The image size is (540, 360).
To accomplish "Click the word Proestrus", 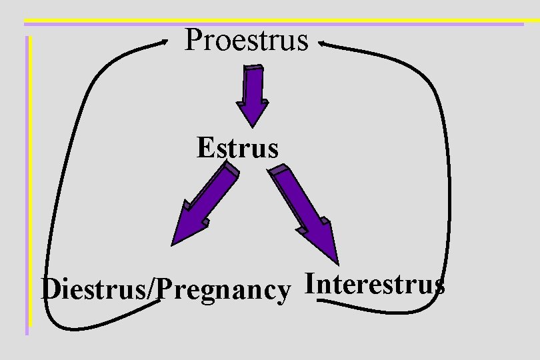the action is coord(247,40).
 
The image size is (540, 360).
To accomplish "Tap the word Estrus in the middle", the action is coord(237,147).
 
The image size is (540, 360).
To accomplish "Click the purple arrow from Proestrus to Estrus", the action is coord(253,94).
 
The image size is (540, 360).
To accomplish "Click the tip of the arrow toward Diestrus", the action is coord(173,244).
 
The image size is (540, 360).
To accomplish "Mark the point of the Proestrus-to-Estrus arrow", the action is coord(252,125).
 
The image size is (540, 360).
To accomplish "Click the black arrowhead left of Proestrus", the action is coord(165,41).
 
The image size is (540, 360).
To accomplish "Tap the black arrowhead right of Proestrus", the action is coord(322,44).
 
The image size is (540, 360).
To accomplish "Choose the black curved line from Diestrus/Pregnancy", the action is coord(53,200).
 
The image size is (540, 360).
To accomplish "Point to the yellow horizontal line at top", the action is coord(267,21).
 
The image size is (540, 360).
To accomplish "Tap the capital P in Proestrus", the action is coord(194,39).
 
